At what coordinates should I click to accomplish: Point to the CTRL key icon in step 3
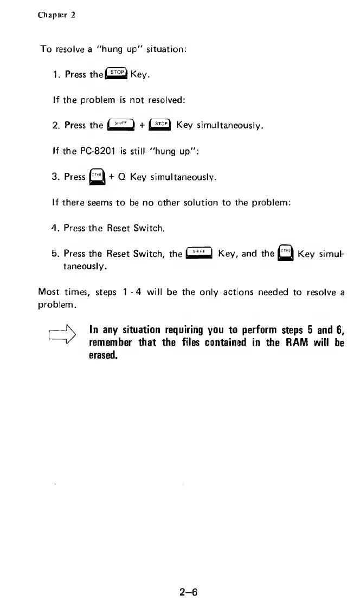point(97,177)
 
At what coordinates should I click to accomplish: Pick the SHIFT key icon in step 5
point(198,252)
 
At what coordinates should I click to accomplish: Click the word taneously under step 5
point(86,267)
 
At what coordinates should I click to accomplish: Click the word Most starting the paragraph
point(48,293)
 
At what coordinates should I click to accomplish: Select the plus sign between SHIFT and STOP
point(142,126)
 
